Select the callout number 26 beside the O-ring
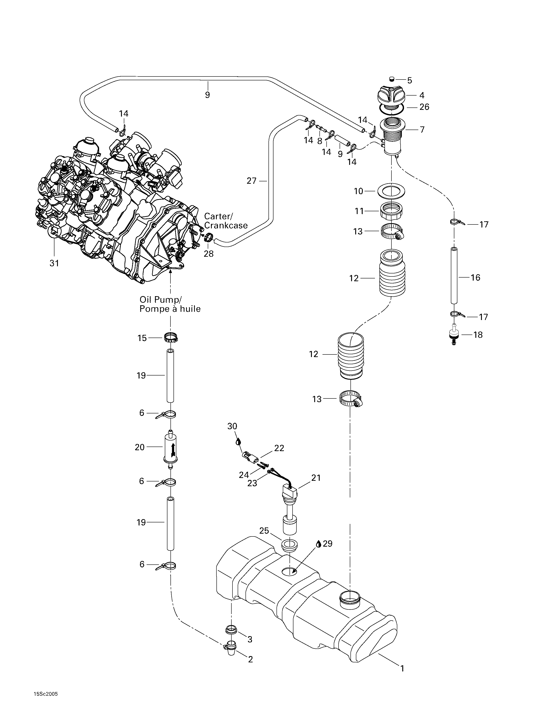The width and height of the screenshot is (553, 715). point(424,107)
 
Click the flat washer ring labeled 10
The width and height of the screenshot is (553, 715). point(391,191)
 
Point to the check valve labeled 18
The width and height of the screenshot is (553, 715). point(454,334)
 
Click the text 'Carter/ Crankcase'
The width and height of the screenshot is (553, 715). point(226,221)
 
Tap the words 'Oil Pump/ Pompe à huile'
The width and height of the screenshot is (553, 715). point(170,304)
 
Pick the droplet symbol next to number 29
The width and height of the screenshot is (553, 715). point(318,544)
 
